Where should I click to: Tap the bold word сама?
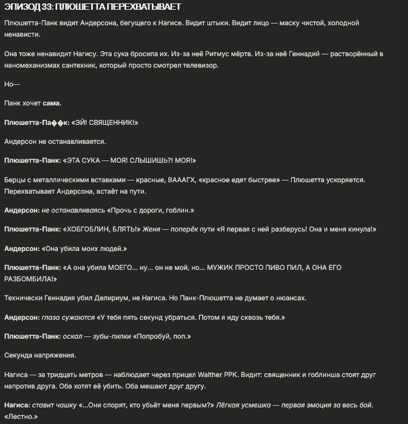click(51, 103)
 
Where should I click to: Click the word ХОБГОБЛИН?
click(88, 229)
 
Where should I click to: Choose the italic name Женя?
click(151, 229)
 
